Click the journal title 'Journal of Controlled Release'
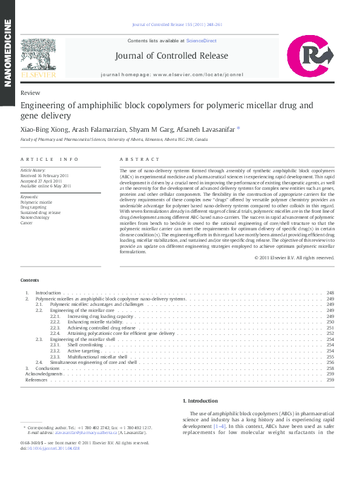pyautogui.click(x=172, y=56)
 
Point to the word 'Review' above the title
pyautogui.click(x=30, y=93)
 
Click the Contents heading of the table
pyautogui.click(x=29, y=281)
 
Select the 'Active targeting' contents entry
pyautogui.click(x=83, y=351)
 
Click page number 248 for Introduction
pyautogui.click(x=330, y=293)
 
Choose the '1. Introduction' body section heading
pyautogui.click(x=200, y=401)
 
